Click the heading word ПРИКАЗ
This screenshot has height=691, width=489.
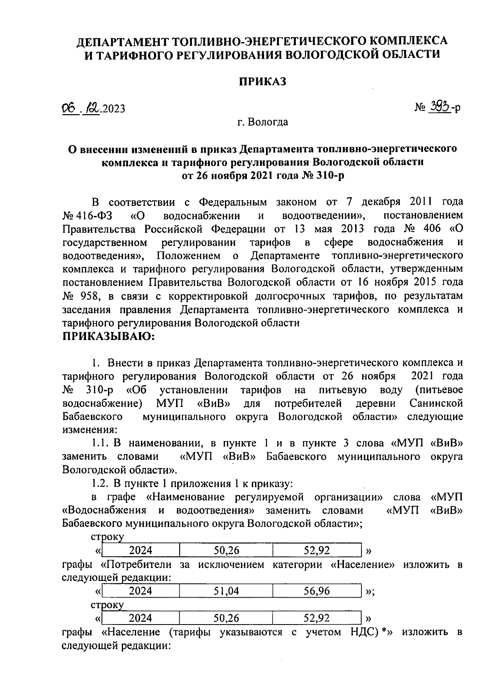[262, 82]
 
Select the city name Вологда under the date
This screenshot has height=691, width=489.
[269, 121]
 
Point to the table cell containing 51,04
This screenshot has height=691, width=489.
[226, 591]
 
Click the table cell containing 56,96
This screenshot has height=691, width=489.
[317, 591]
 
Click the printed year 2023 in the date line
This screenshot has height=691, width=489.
[113, 108]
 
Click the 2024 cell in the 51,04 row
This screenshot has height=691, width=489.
[140, 591]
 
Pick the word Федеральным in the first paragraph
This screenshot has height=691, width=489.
[232, 202]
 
